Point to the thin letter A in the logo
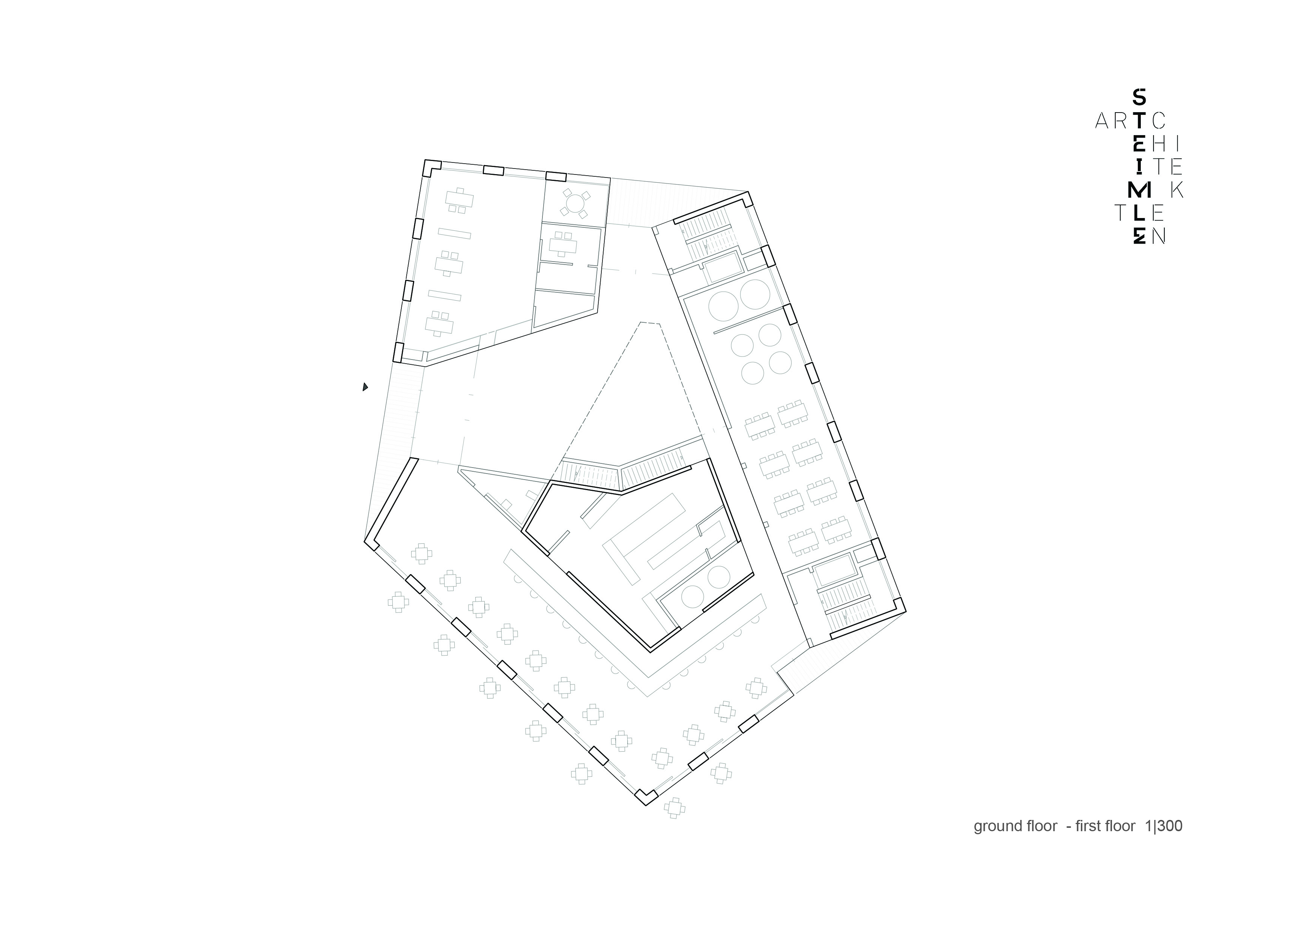(1104, 120)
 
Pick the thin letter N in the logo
(1159, 236)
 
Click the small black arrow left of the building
(365, 387)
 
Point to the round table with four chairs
(575, 203)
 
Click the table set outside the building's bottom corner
(675, 808)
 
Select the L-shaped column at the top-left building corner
(431, 167)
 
